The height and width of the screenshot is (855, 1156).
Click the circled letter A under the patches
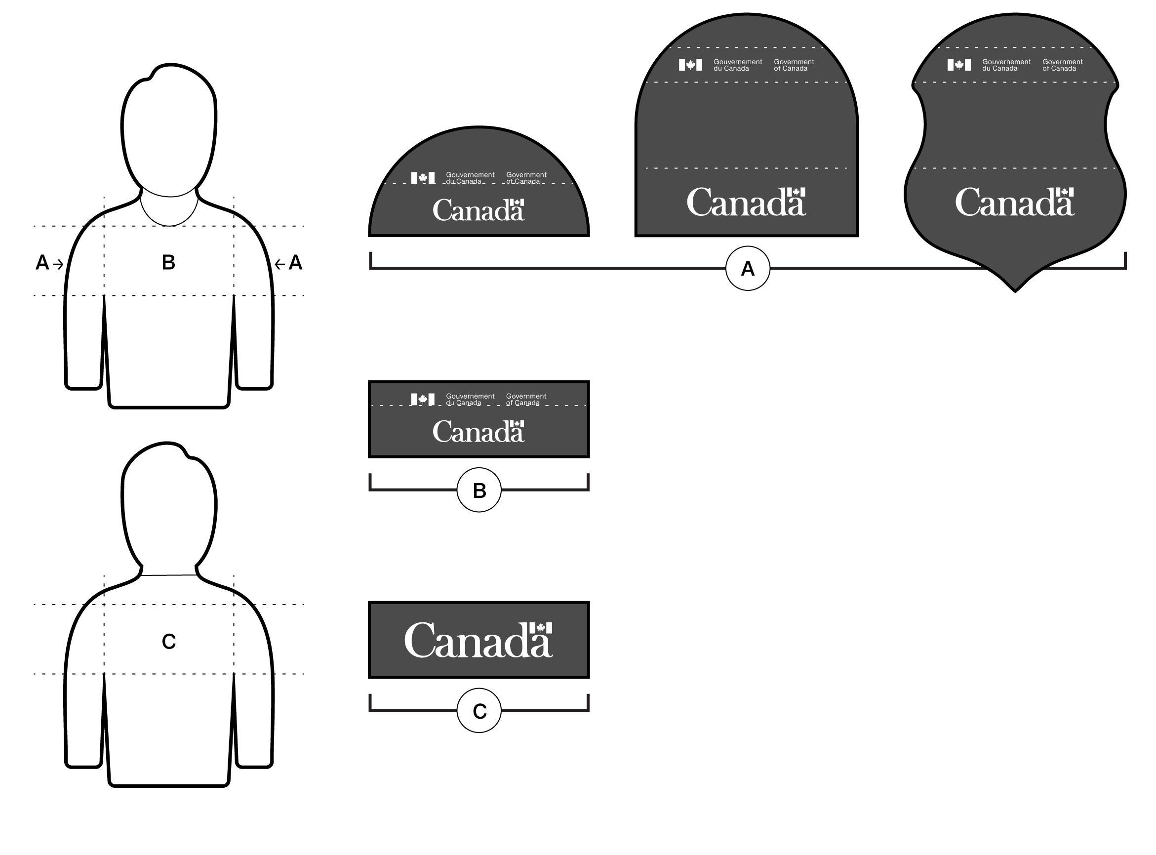coord(747,269)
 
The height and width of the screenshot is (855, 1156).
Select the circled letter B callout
coord(479,490)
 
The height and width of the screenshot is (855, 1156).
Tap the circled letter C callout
coord(479,711)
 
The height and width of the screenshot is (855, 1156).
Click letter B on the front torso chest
coord(168,262)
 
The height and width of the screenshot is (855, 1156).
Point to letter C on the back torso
coord(169,642)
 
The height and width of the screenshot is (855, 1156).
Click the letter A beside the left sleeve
coord(42,263)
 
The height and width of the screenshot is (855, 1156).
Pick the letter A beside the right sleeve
coord(295,263)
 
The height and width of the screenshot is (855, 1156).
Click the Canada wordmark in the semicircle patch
coord(478,210)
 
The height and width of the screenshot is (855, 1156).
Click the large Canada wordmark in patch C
coord(478,640)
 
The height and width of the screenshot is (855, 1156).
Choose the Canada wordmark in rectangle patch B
coord(478,432)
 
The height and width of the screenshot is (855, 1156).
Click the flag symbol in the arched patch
coord(690,65)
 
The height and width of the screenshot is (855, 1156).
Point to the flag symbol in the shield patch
coord(959,65)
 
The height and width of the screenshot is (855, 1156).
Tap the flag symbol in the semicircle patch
coord(423,178)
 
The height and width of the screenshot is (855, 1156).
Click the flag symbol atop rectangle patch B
coord(423,399)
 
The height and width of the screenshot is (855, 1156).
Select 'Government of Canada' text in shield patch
coord(1062,65)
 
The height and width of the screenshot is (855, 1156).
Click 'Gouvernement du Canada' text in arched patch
coord(737,65)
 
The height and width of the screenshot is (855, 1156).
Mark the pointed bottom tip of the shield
coord(1015,291)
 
